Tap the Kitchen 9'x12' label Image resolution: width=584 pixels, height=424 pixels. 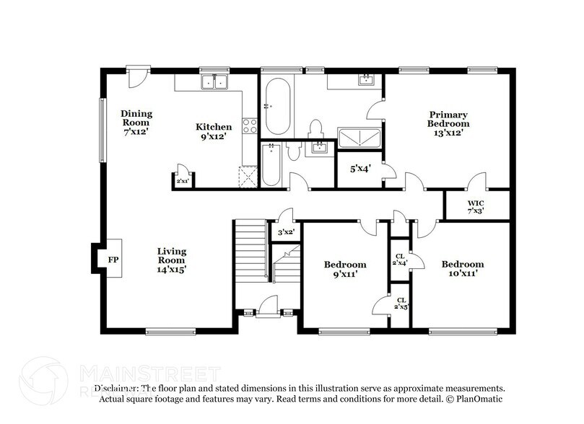click(x=214, y=131)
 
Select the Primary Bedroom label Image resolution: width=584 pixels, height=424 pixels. click(x=448, y=123)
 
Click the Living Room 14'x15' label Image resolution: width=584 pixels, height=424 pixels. click(x=173, y=260)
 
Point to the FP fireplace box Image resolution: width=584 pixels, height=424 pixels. click(x=113, y=259)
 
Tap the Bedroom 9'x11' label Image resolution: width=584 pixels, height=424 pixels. click(x=344, y=269)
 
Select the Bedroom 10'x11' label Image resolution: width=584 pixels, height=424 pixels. click(x=462, y=269)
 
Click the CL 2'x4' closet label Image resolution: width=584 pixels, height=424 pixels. click(x=400, y=259)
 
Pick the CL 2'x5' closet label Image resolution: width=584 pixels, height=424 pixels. click(x=400, y=303)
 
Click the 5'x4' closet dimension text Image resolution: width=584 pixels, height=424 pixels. click(x=360, y=169)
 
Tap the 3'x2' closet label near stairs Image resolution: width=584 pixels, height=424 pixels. click(x=287, y=231)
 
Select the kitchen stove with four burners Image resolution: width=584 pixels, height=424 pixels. click(x=249, y=126)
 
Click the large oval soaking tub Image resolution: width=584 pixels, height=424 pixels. click(x=277, y=105)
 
